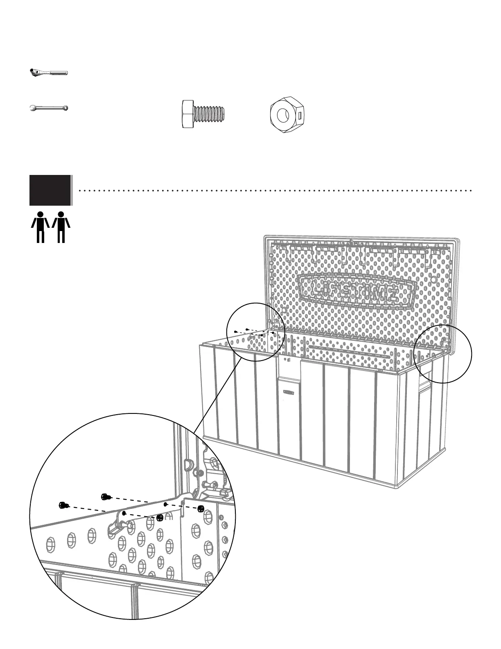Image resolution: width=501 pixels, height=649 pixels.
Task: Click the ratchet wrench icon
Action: tap(48, 73)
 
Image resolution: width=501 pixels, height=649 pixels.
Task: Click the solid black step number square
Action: tap(50, 190)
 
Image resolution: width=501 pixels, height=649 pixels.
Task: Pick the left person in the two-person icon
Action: tap(41, 227)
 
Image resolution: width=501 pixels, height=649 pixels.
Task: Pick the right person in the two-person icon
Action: tap(61, 227)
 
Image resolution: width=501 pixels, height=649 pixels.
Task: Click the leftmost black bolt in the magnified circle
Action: tap(64, 505)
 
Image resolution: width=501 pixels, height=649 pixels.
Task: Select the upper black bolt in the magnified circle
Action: tap(106, 497)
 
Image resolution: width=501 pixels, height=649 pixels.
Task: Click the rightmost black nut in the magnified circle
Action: tap(201, 508)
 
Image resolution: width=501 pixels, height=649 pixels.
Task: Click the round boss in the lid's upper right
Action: tap(434, 280)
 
